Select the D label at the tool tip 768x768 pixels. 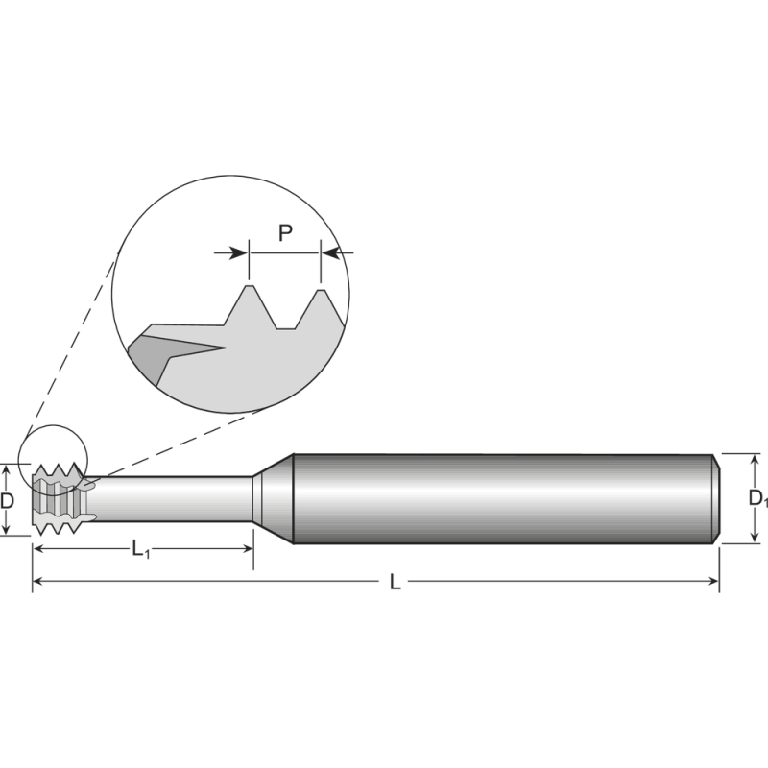pos(8,500)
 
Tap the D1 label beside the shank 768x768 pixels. pos(757,498)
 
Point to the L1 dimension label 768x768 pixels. pos(141,549)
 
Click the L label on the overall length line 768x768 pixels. pos(396,582)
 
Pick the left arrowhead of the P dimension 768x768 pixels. pos(239,253)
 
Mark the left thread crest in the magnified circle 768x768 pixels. pos(249,287)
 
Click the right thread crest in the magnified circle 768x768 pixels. pos(321,291)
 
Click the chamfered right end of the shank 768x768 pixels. pos(714,499)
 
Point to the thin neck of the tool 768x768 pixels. pos(173,499)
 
